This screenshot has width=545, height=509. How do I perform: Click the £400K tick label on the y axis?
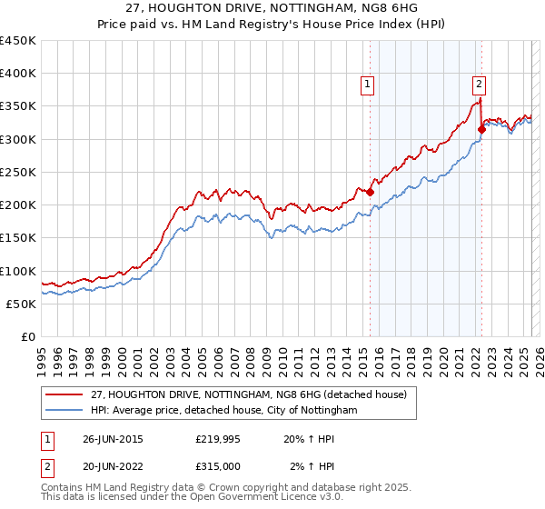[18, 74]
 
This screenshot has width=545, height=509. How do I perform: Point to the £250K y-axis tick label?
[18, 172]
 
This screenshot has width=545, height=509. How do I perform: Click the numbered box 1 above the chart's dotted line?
[368, 85]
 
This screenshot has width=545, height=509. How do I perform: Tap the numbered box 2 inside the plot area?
[479, 85]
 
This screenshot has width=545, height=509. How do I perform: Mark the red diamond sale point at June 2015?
[370, 193]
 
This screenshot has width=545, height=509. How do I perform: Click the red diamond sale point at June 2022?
[481, 130]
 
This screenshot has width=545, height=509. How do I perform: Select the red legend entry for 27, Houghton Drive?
[253, 394]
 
